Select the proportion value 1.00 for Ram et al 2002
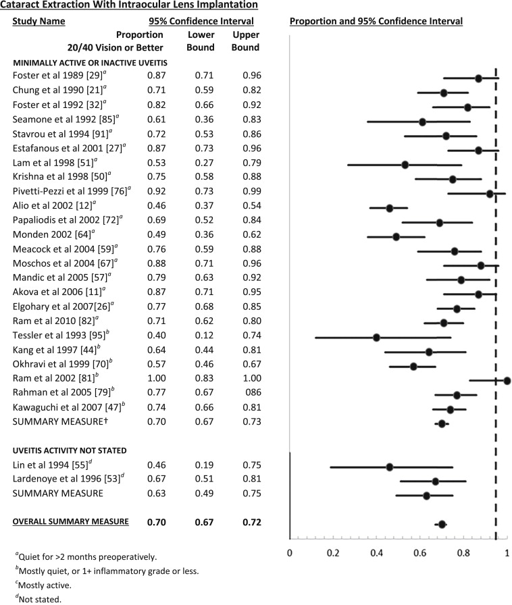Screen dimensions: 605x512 coord(157,380)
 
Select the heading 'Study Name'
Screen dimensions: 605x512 coord(39,21)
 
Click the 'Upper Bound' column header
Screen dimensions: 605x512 coord(245,41)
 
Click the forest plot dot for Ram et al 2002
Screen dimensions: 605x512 coord(507,380)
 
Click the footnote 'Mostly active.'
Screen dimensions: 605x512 coord(41,584)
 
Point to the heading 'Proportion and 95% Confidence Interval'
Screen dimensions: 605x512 coord(376,21)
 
